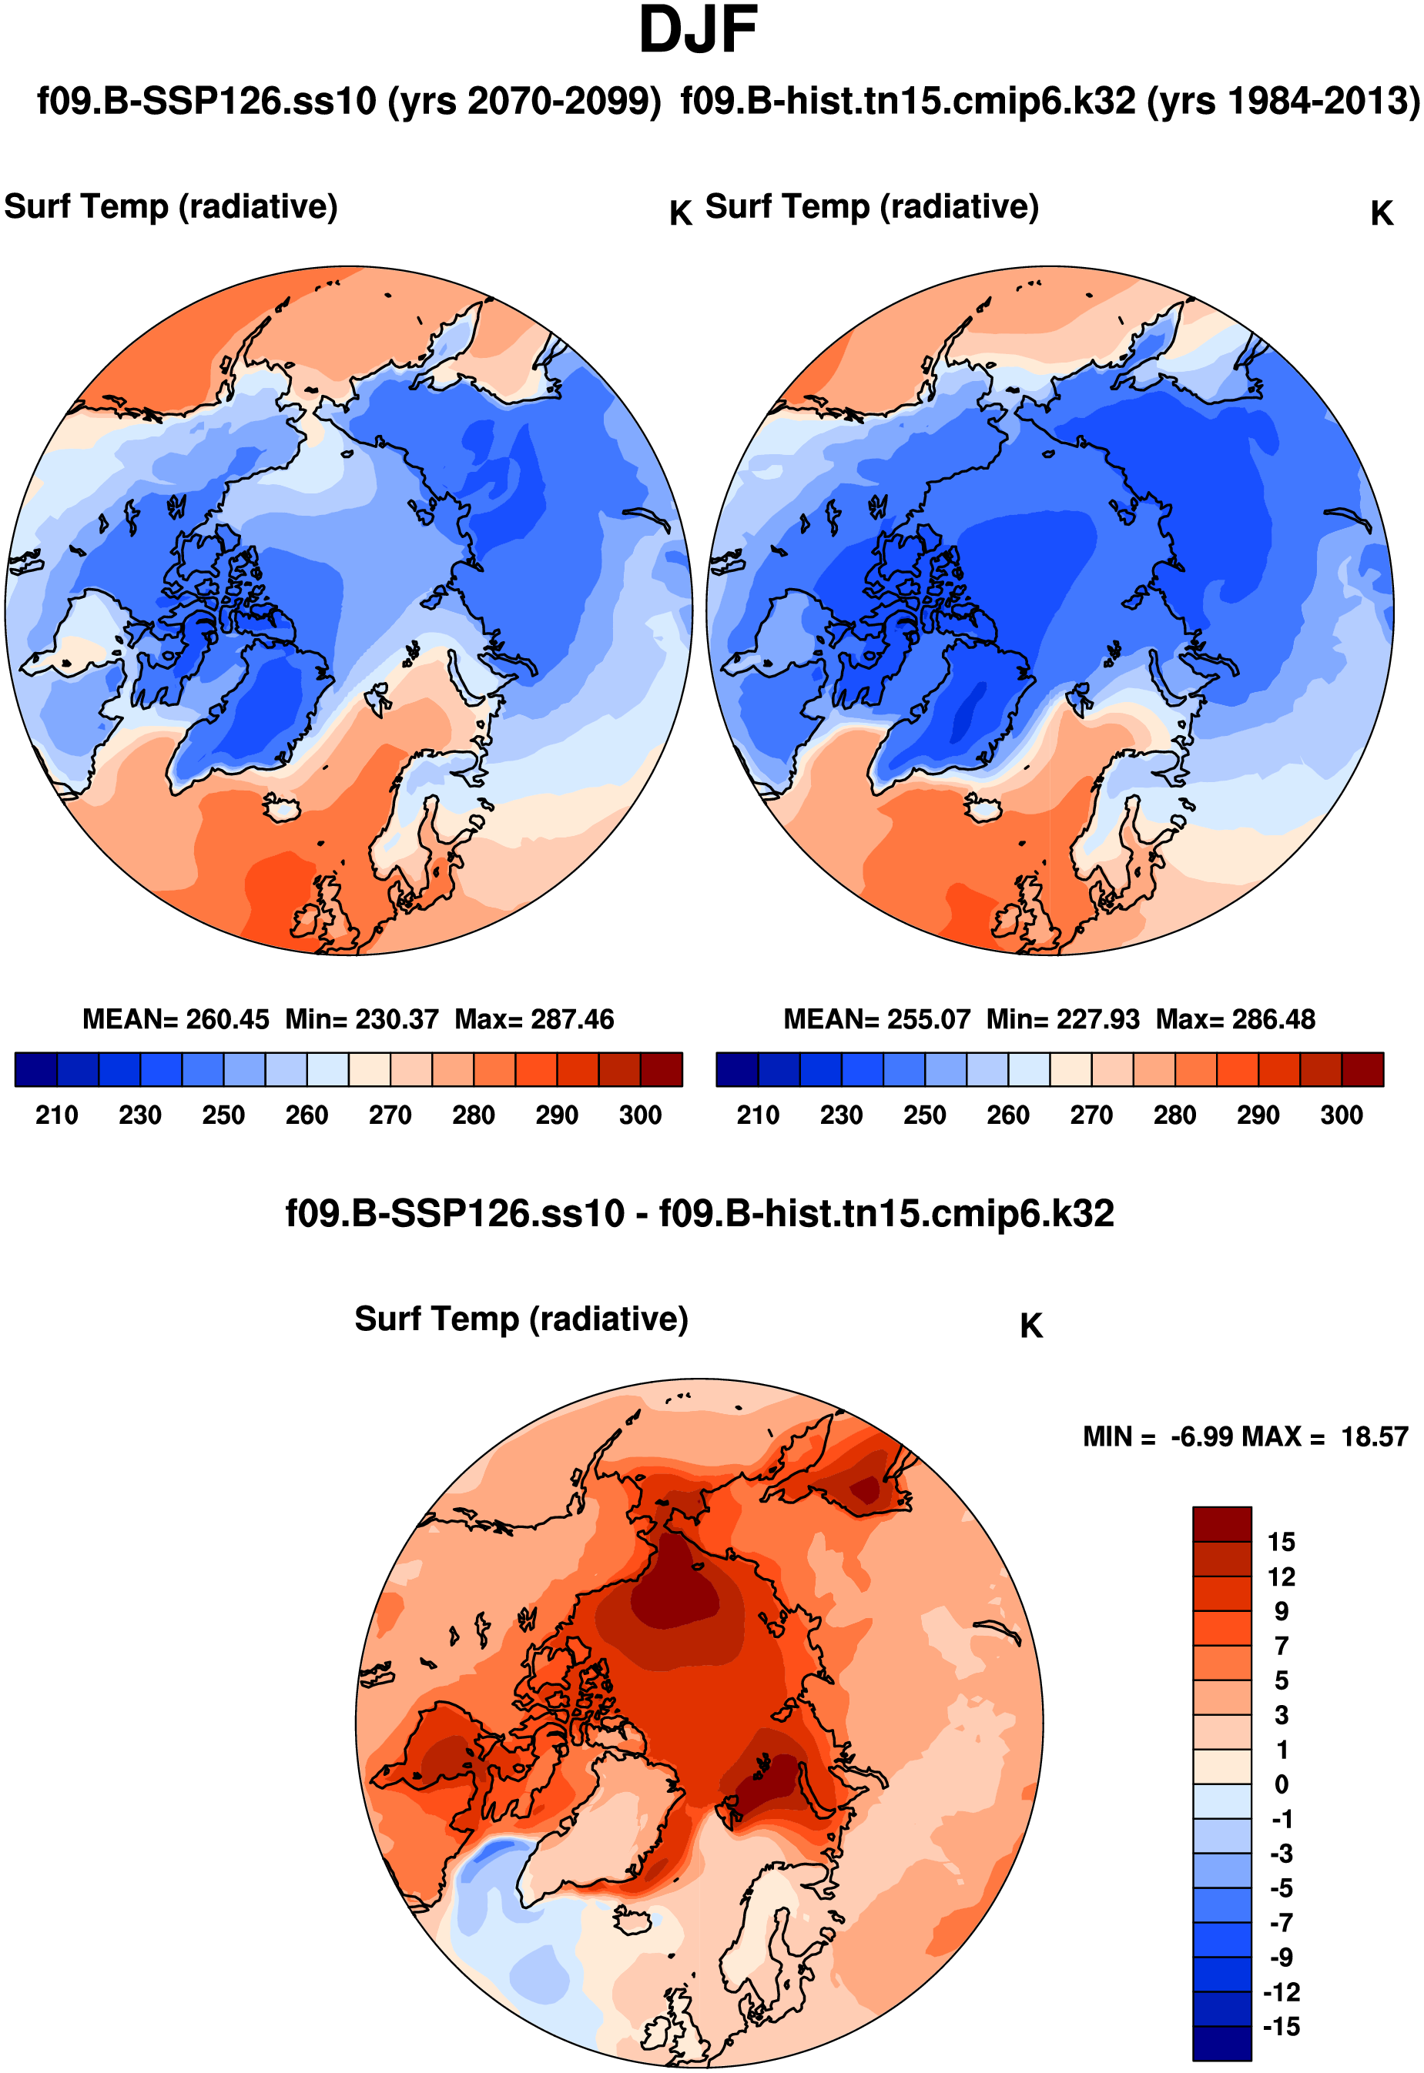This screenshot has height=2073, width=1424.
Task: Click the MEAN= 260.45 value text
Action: pos(176,1018)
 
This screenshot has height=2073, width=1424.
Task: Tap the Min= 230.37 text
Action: pos(361,1018)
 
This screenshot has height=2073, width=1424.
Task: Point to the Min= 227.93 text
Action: pos(1063,1018)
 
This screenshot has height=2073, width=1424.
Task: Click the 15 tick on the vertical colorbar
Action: pos(1282,1541)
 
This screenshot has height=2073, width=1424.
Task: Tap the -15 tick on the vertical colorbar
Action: pos(1282,2026)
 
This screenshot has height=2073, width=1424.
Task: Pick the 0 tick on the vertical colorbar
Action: pos(1282,1784)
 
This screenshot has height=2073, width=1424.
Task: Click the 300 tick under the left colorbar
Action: pos(640,1115)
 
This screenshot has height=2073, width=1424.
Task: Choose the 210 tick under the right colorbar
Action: pos(758,1115)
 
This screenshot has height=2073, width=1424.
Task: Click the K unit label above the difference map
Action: pos(1030,1326)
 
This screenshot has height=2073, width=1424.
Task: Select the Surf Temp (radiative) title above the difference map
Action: pos(521,1319)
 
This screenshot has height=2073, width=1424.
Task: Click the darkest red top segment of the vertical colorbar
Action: pos(1221,1523)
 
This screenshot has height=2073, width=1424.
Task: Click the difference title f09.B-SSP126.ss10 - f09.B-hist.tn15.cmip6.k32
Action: pos(699,1214)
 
